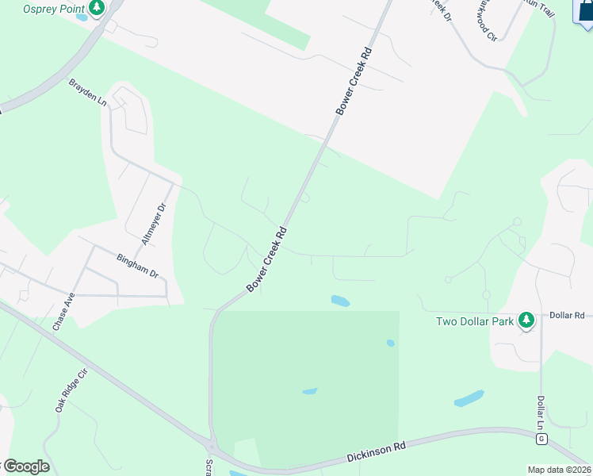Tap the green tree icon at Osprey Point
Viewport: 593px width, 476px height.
(x=97, y=8)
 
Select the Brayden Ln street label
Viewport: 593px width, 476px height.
(x=87, y=92)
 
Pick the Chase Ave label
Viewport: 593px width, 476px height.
(x=63, y=312)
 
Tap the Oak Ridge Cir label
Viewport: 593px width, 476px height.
(x=71, y=390)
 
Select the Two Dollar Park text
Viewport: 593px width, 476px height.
(x=475, y=321)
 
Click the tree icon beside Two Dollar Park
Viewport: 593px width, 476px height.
(x=525, y=321)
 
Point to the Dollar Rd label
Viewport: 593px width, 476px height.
(x=566, y=316)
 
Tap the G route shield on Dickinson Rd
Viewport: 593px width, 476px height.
(x=541, y=437)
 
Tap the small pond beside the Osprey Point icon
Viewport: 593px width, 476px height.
(x=82, y=17)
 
